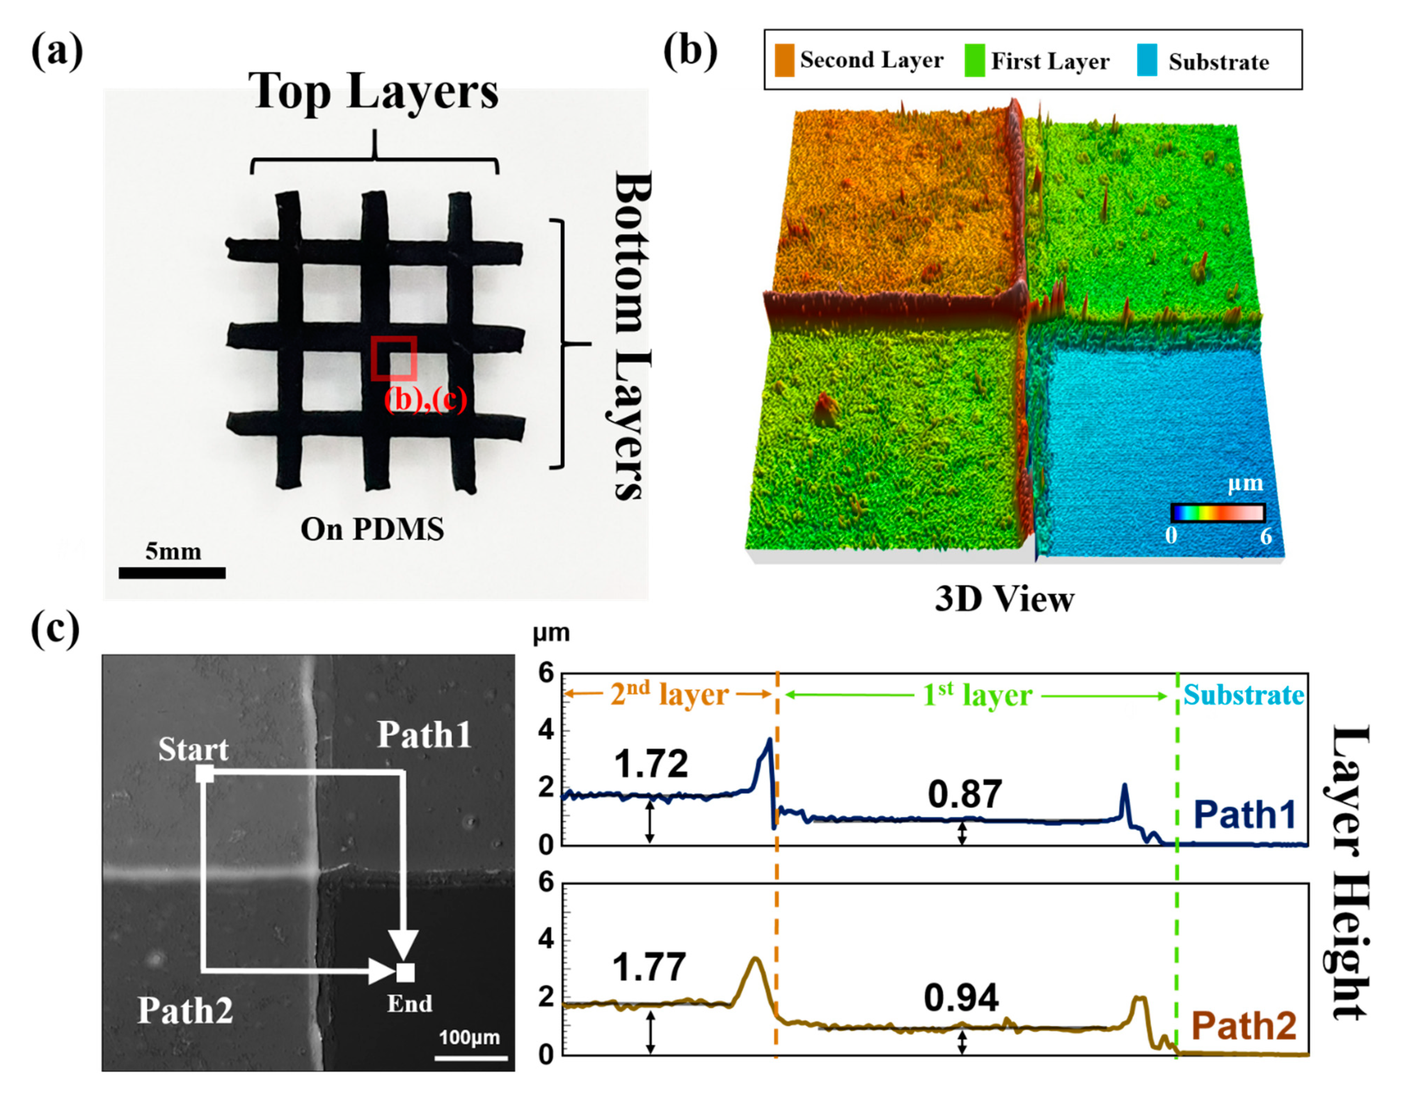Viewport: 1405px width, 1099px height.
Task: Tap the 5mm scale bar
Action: (172, 572)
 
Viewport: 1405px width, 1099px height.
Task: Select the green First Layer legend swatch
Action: (975, 60)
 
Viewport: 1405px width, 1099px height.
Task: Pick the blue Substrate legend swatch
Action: (1147, 60)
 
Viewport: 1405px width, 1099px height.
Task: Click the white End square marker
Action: (405, 972)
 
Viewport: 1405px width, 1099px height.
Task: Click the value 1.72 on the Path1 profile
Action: (651, 764)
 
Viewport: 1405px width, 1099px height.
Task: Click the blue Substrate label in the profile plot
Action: (1244, 695)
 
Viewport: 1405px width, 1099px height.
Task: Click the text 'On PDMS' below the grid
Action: (372, 529)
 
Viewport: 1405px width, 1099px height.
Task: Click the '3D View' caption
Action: (1004, 599)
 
